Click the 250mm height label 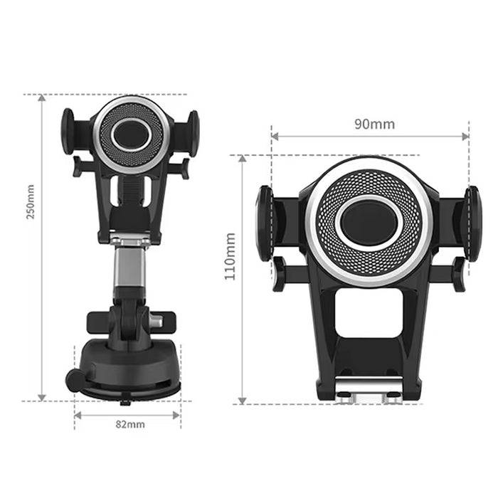pos(31,202)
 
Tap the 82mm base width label pos(129,425)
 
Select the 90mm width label pos(374,124)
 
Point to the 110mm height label pos(231,256)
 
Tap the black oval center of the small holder pos(132,132)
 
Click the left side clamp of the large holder pos(265,223)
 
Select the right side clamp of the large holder pos(473,223)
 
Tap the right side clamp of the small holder pos(193,131)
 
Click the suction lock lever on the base pos(73,378)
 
